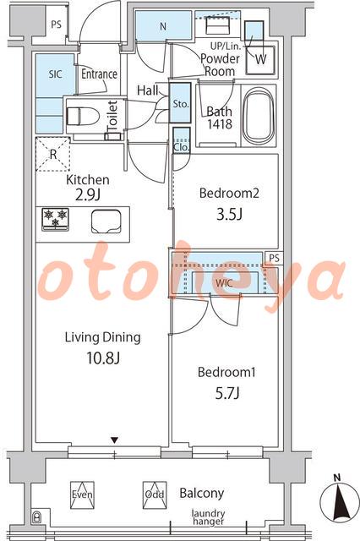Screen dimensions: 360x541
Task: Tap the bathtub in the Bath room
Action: pos(259,116)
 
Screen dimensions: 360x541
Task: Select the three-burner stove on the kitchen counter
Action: pos(55,219)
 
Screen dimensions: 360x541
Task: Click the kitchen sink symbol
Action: pos(106,221)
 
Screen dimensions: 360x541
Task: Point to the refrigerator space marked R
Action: pos(53,154)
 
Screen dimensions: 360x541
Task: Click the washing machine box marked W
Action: pos(260,60)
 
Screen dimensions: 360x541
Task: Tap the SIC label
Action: pos(55,74)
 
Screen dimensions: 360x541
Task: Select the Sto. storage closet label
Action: pos(180,104)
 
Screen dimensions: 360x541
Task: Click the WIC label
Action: pos(224,283)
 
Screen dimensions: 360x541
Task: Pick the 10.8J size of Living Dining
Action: pos(103,358)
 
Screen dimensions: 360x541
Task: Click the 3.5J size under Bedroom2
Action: pos(229,214)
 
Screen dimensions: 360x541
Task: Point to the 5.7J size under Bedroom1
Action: pos(226,393)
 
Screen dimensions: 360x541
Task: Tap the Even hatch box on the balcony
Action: pos(82,495)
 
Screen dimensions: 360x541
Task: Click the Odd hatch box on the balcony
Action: pos(155,495)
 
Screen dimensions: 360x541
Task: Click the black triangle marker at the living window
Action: pos(114,440)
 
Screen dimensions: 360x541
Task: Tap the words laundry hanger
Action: pos(209,517)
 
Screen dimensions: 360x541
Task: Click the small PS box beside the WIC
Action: pos(275,258)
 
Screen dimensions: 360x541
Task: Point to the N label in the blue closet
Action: pos(163,26)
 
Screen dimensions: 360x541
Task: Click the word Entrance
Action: pos(100,74)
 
